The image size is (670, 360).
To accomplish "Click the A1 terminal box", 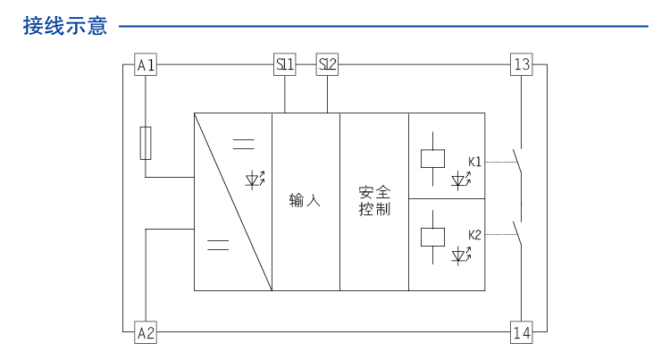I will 146,65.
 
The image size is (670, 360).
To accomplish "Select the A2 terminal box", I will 146,333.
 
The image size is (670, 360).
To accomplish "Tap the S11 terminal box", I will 284,65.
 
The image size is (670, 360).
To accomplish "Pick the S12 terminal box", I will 328,65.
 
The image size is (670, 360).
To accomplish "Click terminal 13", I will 522,65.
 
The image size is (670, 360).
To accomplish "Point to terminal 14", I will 522,333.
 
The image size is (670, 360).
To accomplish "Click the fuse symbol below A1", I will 146,143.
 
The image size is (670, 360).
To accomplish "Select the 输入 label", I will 305,201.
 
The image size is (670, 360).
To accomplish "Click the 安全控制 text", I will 374,201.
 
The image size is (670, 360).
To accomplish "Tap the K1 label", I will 474,162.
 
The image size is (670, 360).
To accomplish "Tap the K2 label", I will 474,235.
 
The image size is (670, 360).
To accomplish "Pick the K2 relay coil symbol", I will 432,236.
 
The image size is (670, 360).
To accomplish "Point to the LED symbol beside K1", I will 461,180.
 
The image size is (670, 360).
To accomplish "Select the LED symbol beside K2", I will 461,255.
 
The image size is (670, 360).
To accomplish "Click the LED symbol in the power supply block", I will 255,179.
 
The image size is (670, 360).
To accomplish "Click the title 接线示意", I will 65,26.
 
